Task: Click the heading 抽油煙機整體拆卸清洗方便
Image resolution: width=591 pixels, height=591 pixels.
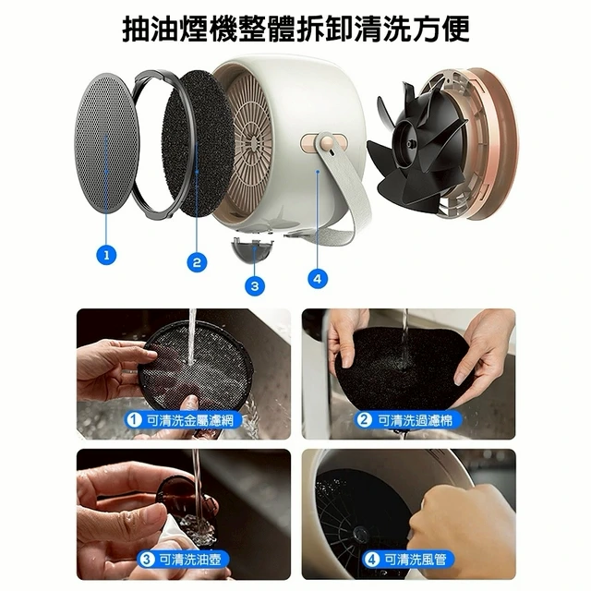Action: coord(295,29)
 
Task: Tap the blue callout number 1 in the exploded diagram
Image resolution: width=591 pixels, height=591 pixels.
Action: coord(107,255)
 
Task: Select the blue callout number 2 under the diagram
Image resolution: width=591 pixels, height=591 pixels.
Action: coord(197,262)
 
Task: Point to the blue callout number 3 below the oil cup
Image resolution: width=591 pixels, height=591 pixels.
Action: coord(255,286)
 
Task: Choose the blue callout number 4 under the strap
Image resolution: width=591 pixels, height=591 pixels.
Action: coord(318,279)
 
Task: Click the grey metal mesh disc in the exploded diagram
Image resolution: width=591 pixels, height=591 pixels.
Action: coord(107,143)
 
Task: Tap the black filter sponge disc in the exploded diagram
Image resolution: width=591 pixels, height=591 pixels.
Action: coord(198,143)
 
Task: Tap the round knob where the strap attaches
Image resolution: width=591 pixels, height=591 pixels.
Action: coord(326,143)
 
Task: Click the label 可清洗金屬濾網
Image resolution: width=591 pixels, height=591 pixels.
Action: coord(189,420)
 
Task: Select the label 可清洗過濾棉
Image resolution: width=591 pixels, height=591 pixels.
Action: coord(415,420)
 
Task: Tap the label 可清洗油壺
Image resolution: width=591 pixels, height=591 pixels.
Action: coord(190,560)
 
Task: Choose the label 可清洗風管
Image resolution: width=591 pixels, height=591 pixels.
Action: coord(415,560)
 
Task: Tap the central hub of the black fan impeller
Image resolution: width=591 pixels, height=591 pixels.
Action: coord(410,144)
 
